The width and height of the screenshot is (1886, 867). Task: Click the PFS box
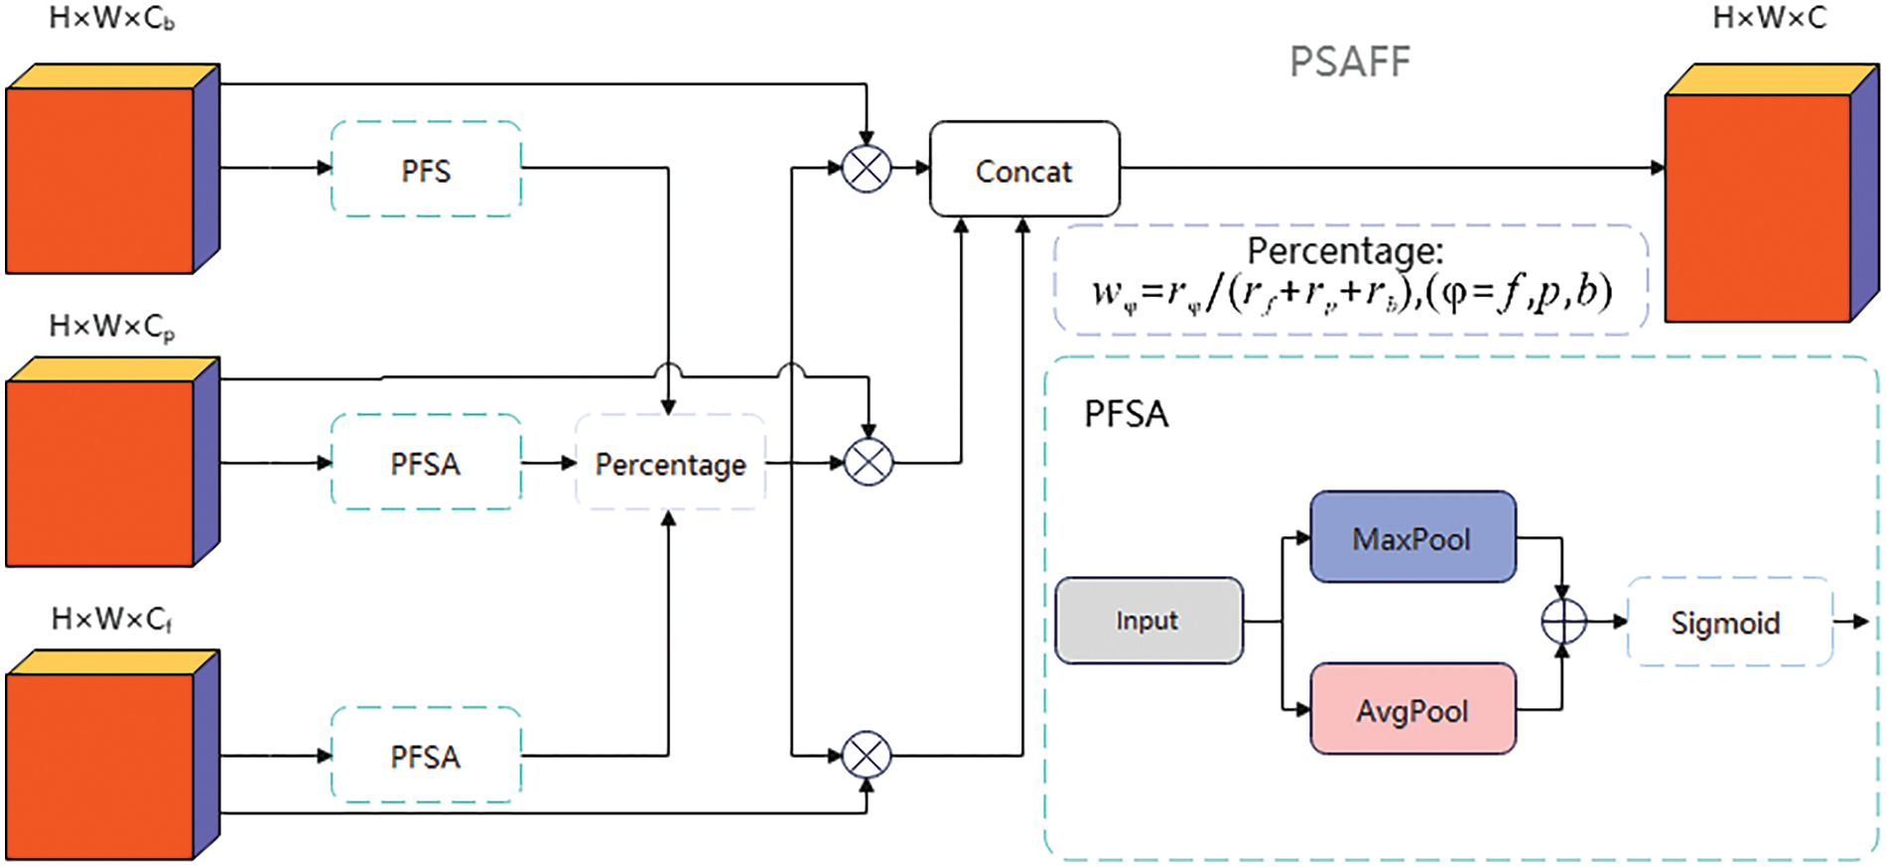pyautogui.click(x=426, y=169)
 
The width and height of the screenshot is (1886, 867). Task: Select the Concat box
pyautogui.click(x=1024, y=169)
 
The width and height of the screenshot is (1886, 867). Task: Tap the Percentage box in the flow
pyautogui.click(x=670, y=463)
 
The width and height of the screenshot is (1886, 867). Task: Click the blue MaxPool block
pyautogui.click(x=1413, y=537)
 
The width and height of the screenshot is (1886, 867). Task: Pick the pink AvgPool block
pyautogui.click(x=1413, y=709)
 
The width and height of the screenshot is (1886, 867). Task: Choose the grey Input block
pyautogui.click(x=1148, y=621)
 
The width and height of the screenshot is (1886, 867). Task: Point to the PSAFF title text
pyautogui.click(x=1349, y=62)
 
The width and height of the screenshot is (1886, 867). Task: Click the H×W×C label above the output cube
pyautogui.click(x=1769, y=18)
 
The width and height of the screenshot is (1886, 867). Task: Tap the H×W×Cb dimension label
pyautogui.click(x=112, y=19)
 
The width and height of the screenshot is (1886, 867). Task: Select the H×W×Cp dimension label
pyautogui.click(x=112, y=327)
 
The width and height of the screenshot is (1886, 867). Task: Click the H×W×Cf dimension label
pyautogui.click(x=112, y=620)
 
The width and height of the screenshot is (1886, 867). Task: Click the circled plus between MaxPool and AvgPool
pyautogui.click(x=1563, y=622)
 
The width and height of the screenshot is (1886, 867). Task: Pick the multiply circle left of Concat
pyautogui.click(x=867, y=169)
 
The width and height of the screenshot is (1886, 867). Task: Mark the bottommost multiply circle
pyautogui.click(x=867, y=756)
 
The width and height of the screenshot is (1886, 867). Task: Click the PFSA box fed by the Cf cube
pyautogui.click(x=426, y=756)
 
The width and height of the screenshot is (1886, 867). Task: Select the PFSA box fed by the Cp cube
pyautogui.click(x=426, y=463)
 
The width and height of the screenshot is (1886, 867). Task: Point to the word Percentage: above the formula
pyautogui.click(x=1345, y=250)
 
